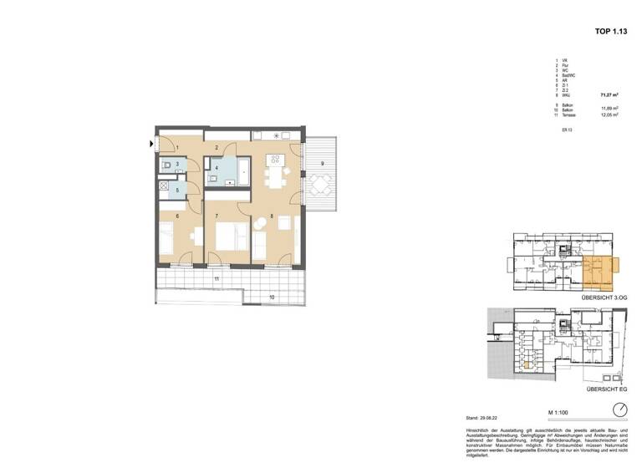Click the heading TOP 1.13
[x=611, y=31]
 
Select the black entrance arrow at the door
[x=151, y=144]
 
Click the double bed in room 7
[x=230, y=238]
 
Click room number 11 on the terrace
[x=217, y=277]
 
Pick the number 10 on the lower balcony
[x=271, y=297]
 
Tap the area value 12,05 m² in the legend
[x=609, y=115]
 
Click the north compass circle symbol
[x=620, y=409]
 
